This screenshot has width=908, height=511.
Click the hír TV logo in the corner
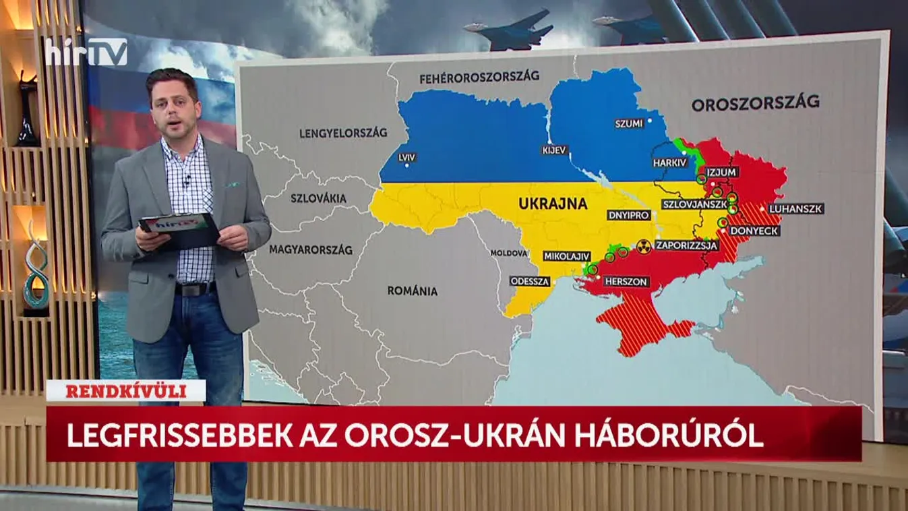click(x=86, y=52)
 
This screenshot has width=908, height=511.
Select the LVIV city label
click(x=406, y=157)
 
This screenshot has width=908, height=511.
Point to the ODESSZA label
click(x=530, y=281)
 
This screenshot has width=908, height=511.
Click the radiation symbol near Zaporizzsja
click(x=644, y=245)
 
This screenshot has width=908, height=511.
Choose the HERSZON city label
click(x=626, y=281)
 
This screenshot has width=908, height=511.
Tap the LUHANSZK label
click(x=796, y=209)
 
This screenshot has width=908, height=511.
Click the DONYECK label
click(x=754, y=231)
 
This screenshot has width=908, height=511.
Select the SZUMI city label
click(x=628, y=123)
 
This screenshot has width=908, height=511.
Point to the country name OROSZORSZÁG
click(x=755, y=102)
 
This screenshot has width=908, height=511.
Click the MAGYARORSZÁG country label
click(x=311, y=249)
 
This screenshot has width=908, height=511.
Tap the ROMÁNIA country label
click(x=412, y=291)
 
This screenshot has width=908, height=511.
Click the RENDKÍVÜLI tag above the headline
click(x=125, y=391)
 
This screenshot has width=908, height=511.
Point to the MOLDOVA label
click(x=509, y=253)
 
